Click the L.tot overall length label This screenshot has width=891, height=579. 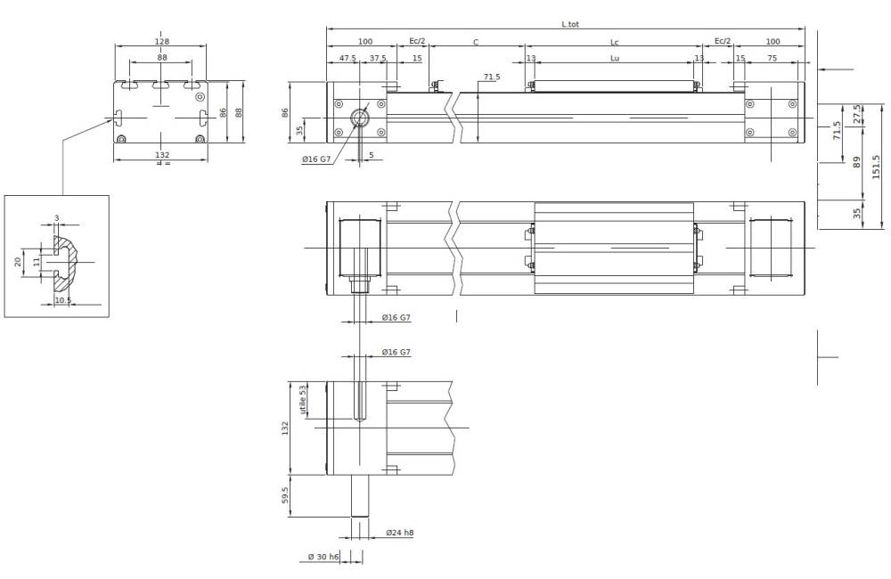tap(570, 24)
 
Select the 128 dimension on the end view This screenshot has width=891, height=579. tap(161, 41)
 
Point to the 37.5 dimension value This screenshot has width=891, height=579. tap(378, 58)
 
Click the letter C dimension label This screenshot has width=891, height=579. tap(475, 41)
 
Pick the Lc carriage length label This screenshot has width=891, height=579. tap(614, 41)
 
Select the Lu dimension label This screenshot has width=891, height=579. tap(614, 58)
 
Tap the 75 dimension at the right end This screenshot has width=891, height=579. tap(772, 58)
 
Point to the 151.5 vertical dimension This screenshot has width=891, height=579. tap(877, 167)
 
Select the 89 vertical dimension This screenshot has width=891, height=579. tap(857, 162)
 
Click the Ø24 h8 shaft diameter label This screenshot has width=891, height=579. tap(399, 532)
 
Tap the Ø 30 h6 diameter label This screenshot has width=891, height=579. tap(323, 557)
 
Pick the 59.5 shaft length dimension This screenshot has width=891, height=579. tap(284, 495)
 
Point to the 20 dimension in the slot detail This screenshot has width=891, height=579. tap(17, 261)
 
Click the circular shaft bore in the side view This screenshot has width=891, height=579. tap(359, 118)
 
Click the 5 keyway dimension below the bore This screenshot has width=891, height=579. tap(371, 156)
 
